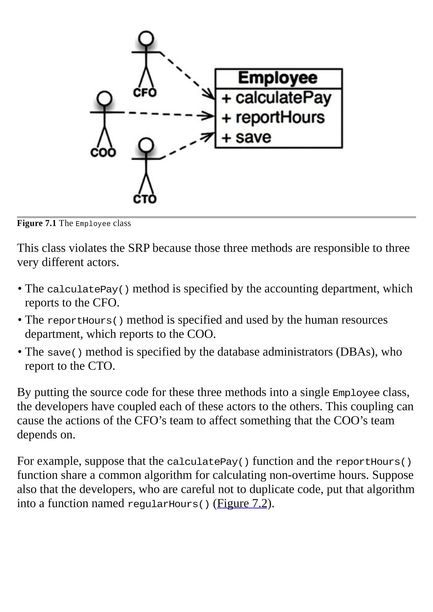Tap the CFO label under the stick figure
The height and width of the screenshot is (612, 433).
point(145,93)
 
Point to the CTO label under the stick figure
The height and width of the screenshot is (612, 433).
point(145,199)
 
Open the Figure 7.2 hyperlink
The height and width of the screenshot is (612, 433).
point(242,503)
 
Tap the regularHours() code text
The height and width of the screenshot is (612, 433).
point(169,504)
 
